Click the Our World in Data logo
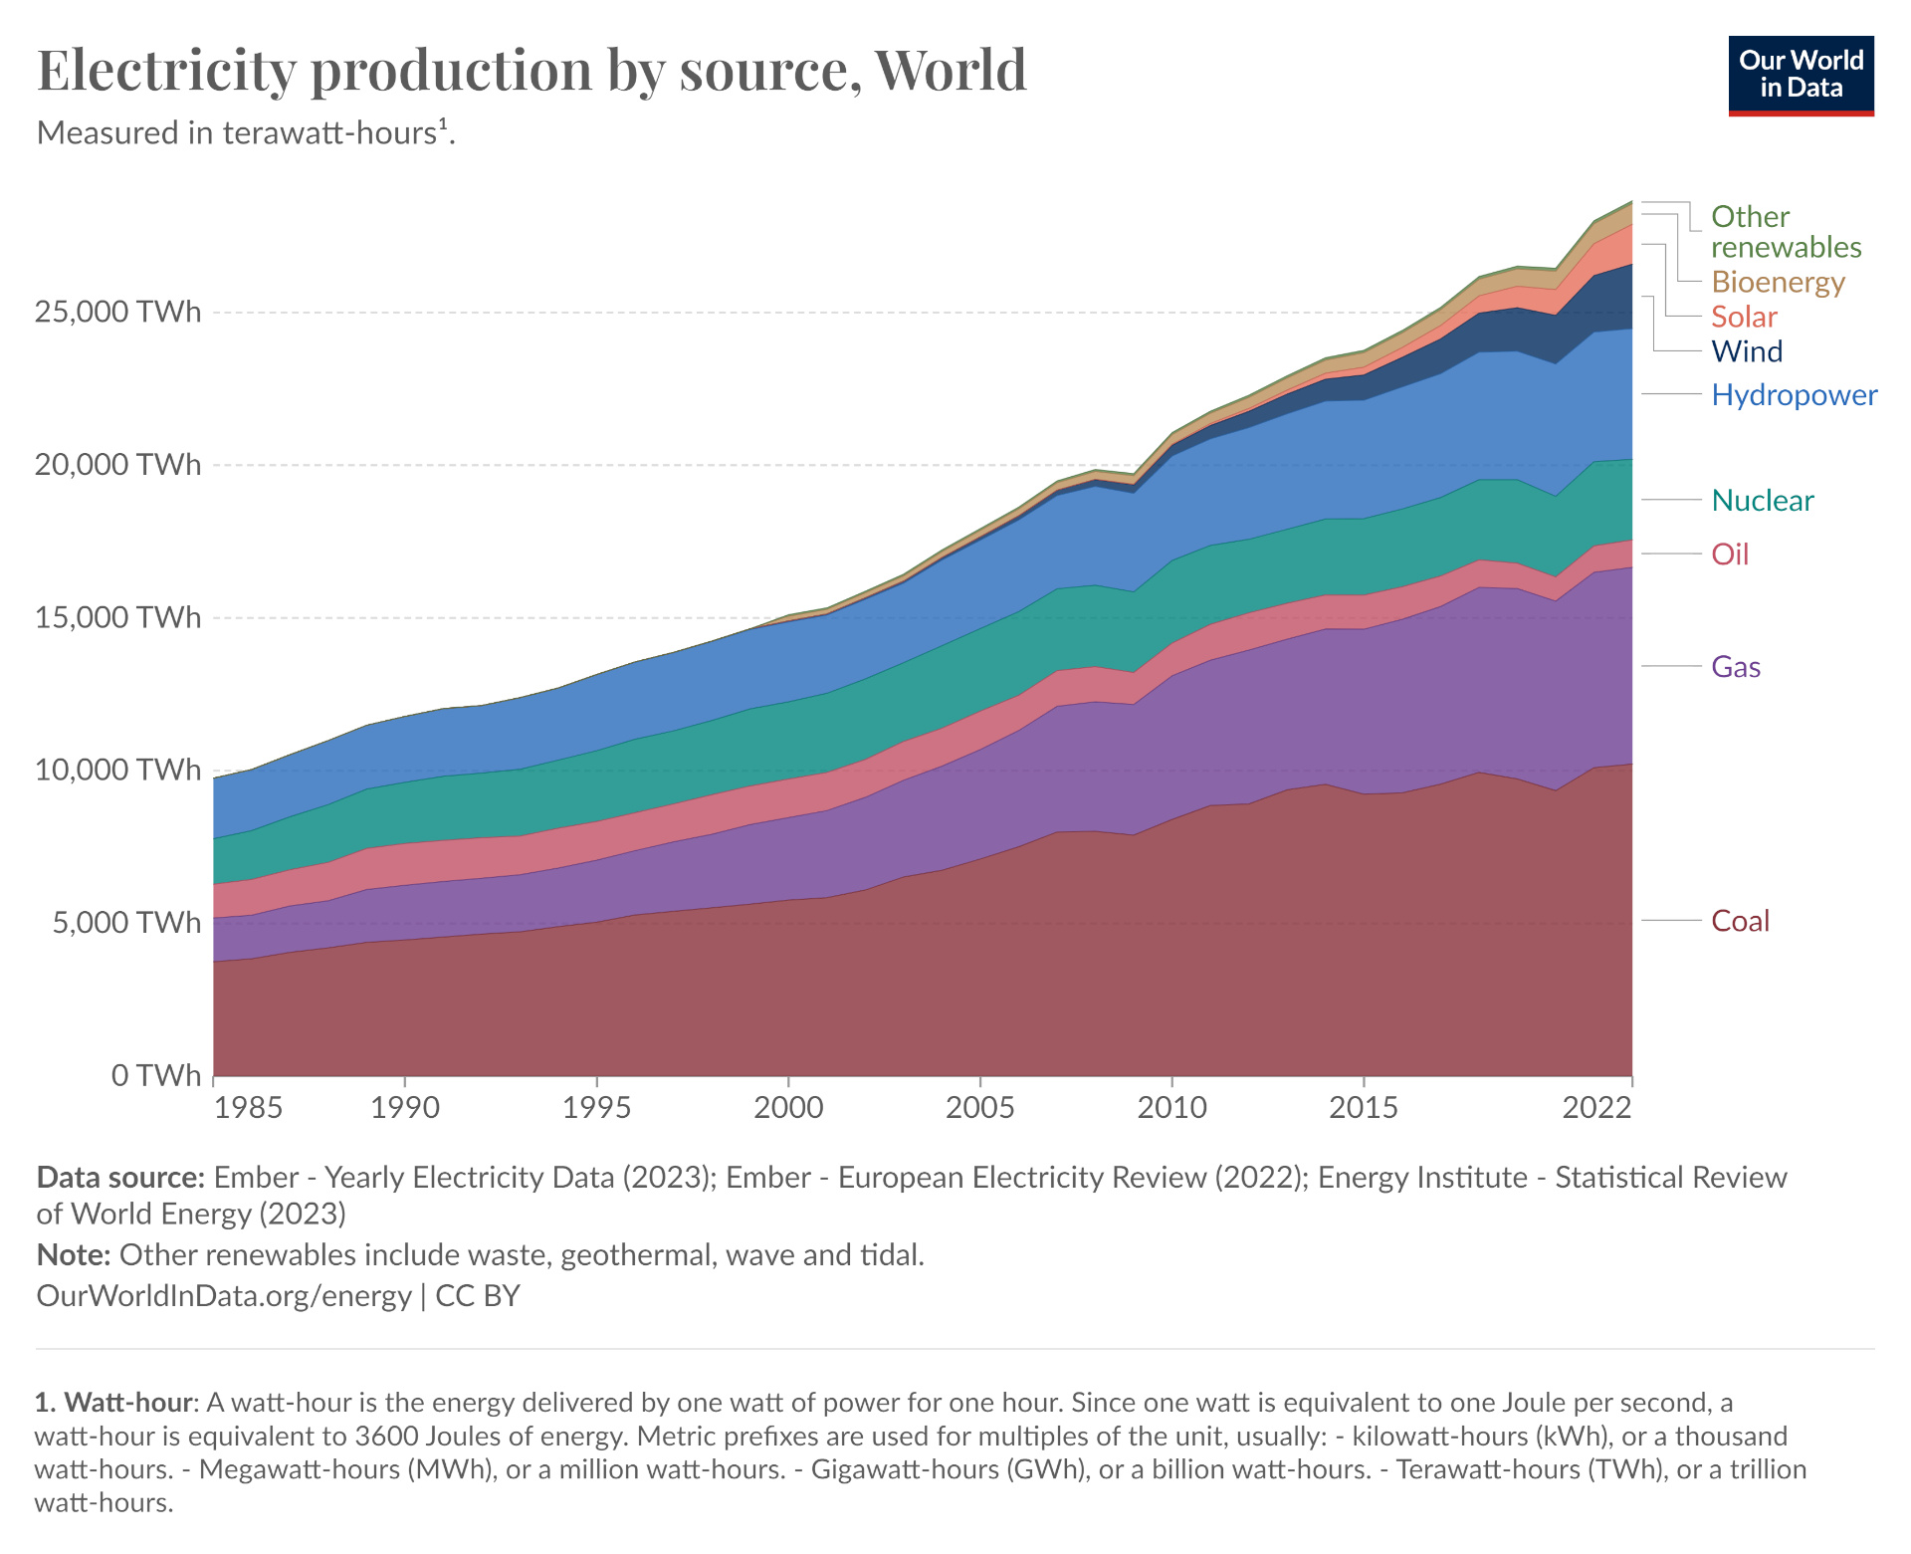pyautogui.click(x=1801, y=76)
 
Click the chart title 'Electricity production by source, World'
pyautogui.click(x=531, y=70)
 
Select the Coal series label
pyautogui.click(x=1740, y=921)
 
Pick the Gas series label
pyautogui.click(x=1736, y=666)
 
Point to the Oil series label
pyautogui.click(x=1730, y=554)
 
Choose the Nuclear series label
pyautogui.click(x=1762, y=500)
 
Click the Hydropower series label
pyautogui.click(x=1794, y=394)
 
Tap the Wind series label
pyautogui.click(x=1747, y=350)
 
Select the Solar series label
pyautogui.click(x=1744, y=317)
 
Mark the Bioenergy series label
pyautogui.click(x=1778, y=282)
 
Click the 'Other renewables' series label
pyautogui.click(x=1786, y=231)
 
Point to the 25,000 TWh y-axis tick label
pyautogui.click(x=117, y=312)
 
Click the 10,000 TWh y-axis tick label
pyautogui.click(x=117, y=770)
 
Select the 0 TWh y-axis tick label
pyautogui.click(x=155, y=1075)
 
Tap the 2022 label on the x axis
pyautogui.click(x=1596, y=1107)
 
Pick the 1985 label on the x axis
pyautogui.click(x=249, y=1107)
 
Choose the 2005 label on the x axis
pyautogui.click(x=980, y=1107)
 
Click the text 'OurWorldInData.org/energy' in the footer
pyautogui.click(x=224, y=1295)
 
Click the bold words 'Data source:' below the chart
pyautogui.click(x=120, y=1178)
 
